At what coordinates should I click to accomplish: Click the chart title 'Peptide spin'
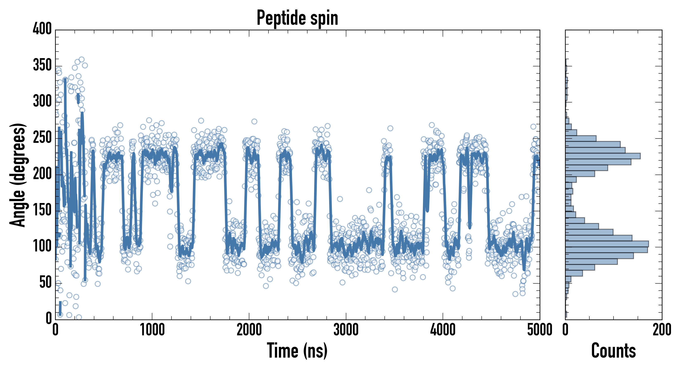297,18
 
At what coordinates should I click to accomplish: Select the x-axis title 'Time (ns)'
297,351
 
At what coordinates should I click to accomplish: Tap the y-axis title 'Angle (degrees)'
18,175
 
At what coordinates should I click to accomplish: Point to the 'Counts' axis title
613,351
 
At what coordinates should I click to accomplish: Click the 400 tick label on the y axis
42,28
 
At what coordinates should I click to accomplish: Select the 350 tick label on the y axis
42,65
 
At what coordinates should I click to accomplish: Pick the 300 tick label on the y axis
42,101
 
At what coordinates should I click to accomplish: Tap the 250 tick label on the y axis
42,137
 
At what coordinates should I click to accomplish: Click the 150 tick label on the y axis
42,210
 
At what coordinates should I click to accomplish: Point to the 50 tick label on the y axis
45,282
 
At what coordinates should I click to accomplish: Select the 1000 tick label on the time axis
152,330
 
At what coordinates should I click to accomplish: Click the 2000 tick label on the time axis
249,330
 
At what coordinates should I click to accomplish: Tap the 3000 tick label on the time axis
346,330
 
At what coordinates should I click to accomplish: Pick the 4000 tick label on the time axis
443,330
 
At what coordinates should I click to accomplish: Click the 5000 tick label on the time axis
540,330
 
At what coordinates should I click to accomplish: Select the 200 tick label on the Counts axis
662,330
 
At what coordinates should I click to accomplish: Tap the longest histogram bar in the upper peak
603,156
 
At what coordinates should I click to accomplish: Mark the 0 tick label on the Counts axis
565,330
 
